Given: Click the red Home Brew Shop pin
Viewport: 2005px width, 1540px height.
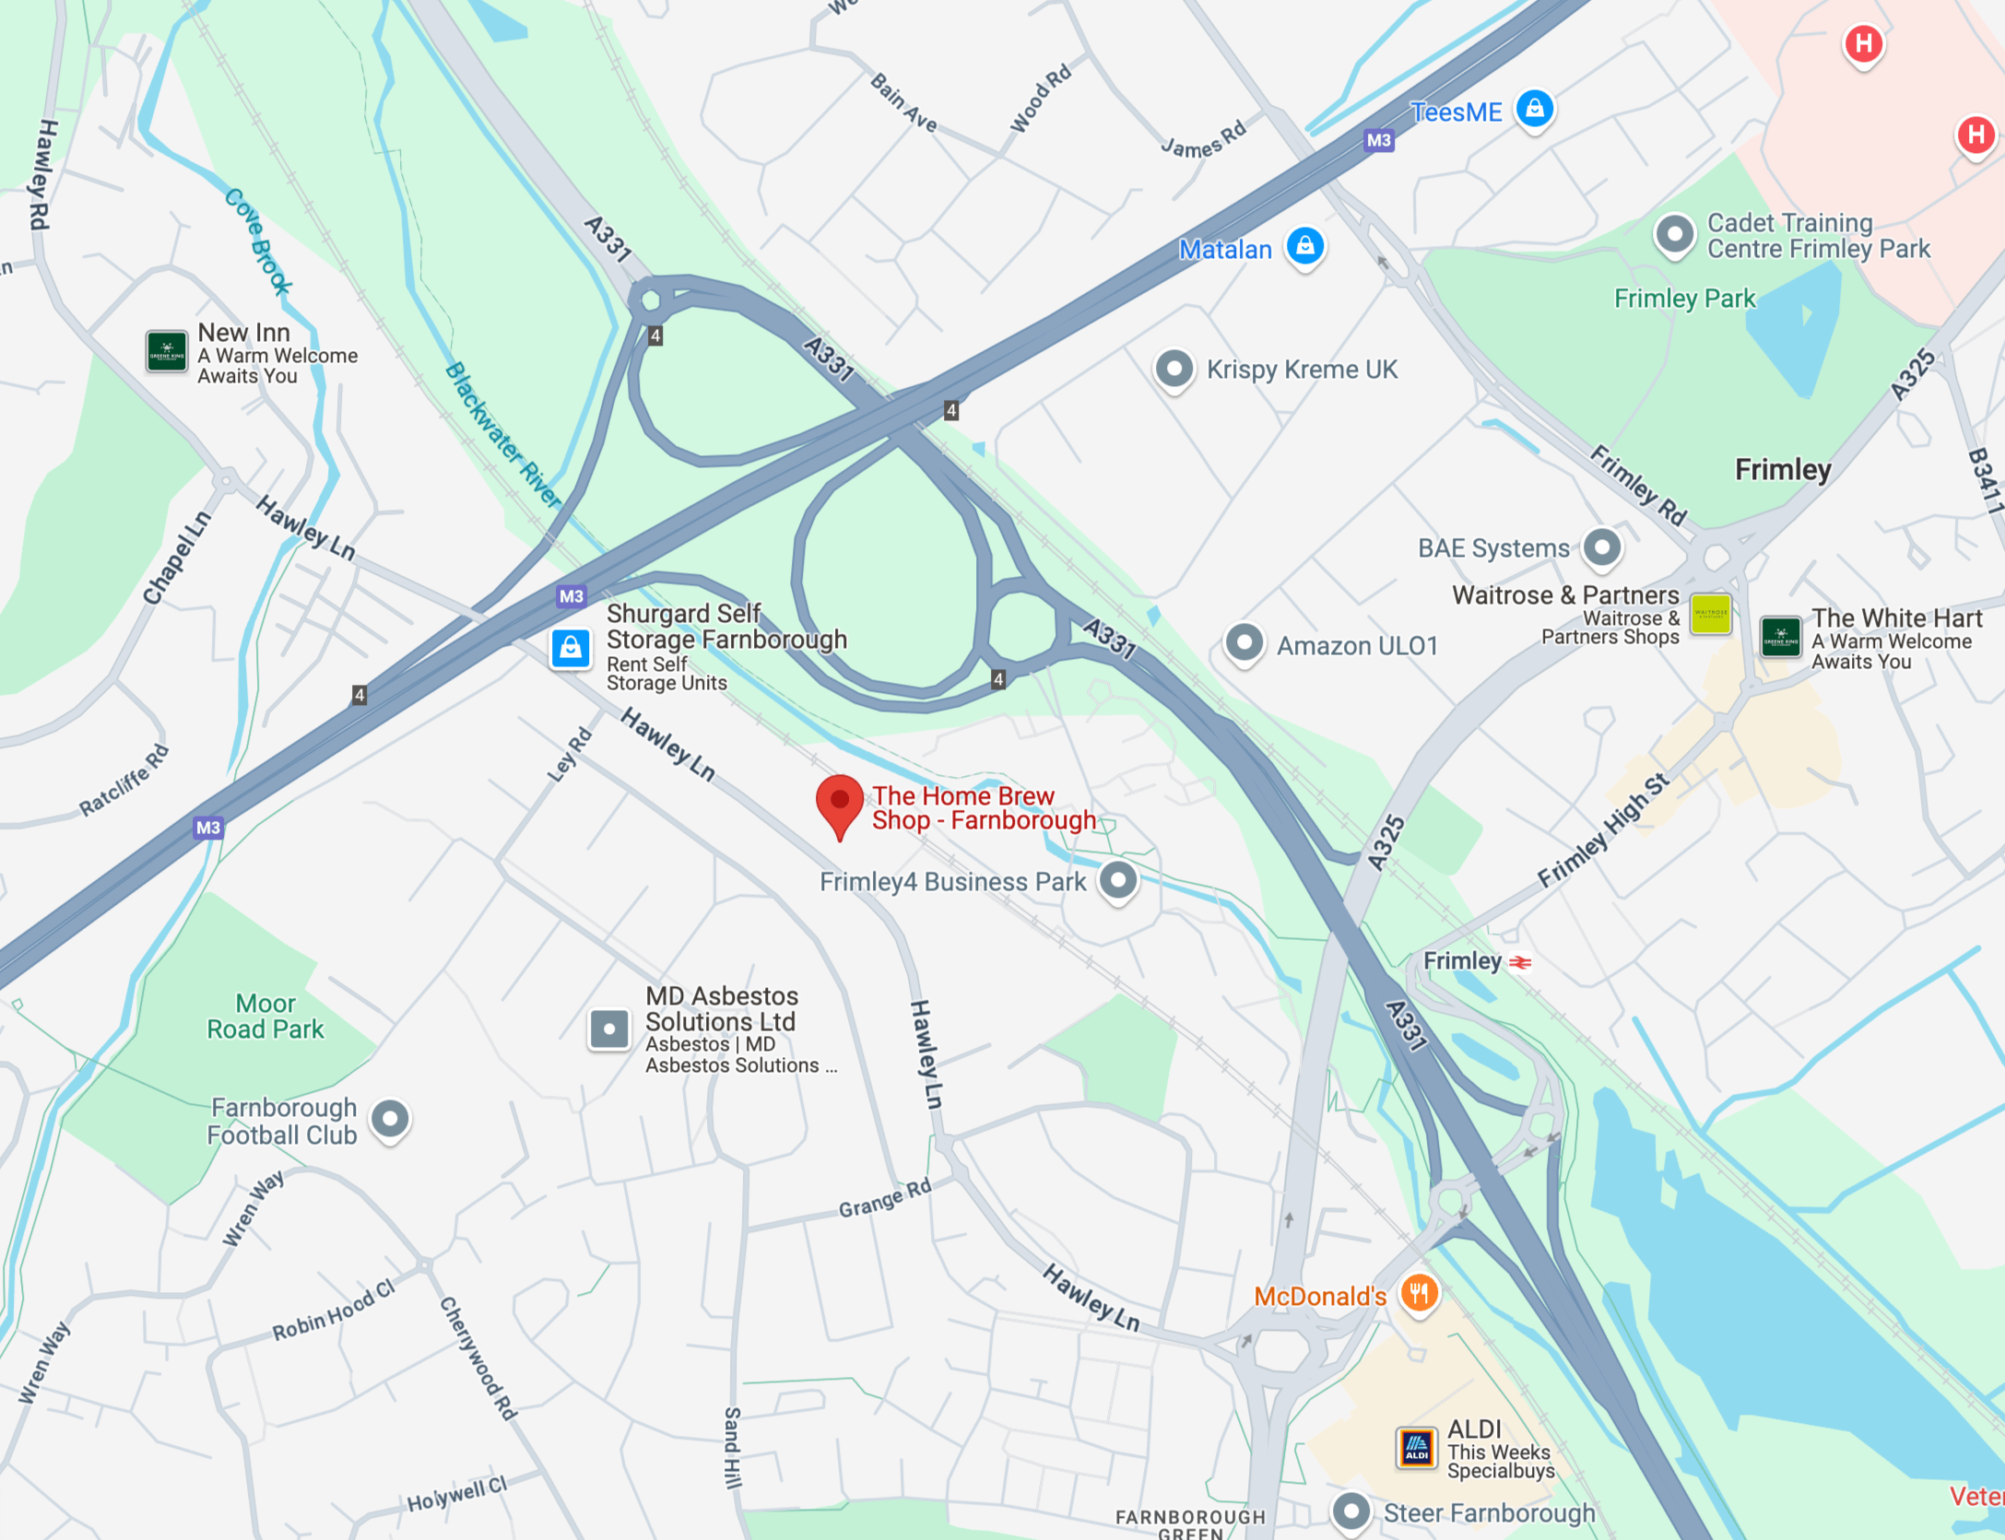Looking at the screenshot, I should (x=839, y=802).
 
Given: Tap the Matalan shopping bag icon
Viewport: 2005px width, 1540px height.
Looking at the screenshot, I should (x=1305, y=246).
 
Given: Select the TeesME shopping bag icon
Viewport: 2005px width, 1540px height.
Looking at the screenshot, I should (x=1535, y=110).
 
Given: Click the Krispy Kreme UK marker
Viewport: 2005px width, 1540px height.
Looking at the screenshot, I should (x=1174, y=369).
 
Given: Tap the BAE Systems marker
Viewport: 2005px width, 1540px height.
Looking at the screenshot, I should (x=1602, y=547).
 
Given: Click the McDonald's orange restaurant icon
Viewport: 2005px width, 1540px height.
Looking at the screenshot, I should (x=1420, y=1293).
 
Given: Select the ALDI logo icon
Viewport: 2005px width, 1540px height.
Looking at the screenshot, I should (x=1416, y=1448).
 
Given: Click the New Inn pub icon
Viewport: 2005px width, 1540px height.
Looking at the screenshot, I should (x=167, y=351).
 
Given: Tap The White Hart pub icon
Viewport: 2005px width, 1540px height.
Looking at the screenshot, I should (x=1780, y=636).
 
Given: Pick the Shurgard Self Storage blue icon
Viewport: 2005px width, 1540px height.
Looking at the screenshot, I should (x=571, y=648).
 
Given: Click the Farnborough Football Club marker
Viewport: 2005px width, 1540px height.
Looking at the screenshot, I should (x=390, y=1119).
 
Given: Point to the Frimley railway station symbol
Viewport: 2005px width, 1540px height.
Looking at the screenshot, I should (x=1520, y=962).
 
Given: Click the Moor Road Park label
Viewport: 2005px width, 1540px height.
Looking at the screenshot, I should (x=265, y=1016).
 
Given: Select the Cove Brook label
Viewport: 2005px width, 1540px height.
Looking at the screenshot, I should (x=258, y=241).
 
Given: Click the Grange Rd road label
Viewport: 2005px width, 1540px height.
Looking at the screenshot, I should (x=884, y=1198).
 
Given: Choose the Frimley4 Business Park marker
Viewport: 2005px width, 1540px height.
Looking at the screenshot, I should (x=1118, y=880).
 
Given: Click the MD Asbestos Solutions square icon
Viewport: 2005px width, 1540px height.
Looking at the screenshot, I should (x=609, y=1029).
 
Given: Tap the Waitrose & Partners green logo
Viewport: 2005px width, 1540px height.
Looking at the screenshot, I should (x=1710, y=614).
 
